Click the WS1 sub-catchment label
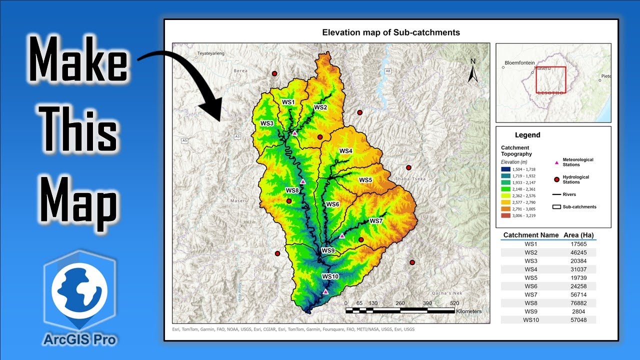[288, 102]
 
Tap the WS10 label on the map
[330, 276]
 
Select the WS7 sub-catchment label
[375, 221]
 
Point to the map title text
[391, 32]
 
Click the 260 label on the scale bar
[400, 303]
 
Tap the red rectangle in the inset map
[551, 79]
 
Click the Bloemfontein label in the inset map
[520, 63]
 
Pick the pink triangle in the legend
[556, 162]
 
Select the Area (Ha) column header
[578, 235]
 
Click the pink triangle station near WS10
[325, 291]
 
